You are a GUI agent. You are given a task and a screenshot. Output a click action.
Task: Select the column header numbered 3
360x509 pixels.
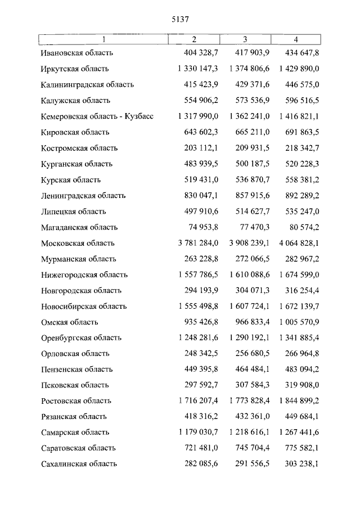coord(245,39)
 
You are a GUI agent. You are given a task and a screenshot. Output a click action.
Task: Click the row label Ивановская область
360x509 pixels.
coord(77,53)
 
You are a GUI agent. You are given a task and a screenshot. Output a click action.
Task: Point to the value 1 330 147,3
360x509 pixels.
coord(197,69)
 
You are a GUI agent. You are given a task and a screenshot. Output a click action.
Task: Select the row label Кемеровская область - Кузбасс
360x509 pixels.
coord(97,116)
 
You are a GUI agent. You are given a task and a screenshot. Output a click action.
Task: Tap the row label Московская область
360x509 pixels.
coord(78,244)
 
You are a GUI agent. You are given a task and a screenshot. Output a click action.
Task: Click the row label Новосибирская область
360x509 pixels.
coord(84,307)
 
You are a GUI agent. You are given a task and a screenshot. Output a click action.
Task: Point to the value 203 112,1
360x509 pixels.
coord(201,148)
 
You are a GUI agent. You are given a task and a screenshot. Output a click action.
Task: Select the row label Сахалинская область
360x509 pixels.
coord(79,464)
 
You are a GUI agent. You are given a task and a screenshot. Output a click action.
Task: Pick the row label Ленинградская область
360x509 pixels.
coord(83,196)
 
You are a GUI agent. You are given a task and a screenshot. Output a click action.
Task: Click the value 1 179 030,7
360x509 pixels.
coord(197,433)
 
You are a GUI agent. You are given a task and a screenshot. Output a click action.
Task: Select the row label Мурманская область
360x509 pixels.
coord(78,259)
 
